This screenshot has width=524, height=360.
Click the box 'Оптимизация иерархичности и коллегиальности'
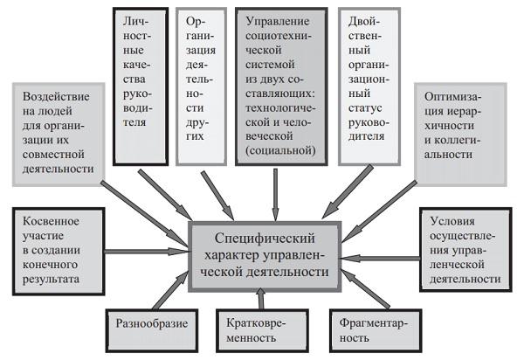coord(461,131)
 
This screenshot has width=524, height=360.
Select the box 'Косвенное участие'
coord(54,247)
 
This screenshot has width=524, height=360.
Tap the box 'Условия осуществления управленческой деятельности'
coord(464,248)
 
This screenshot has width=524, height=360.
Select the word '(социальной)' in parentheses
coord(276,150)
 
